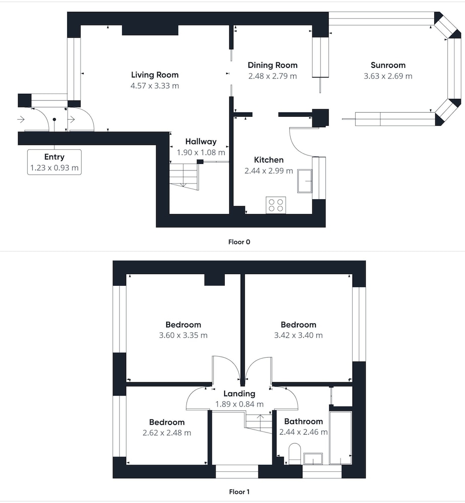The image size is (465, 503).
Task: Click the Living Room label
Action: [x=155, y=75]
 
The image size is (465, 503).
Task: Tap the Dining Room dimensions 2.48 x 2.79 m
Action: [x=273, y=76]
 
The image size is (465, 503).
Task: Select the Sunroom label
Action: [x=388, y=65]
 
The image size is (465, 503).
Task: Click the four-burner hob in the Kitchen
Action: [x=276, y=205]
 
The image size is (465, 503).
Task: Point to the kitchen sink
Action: [x=305, y=181]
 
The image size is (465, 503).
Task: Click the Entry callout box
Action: [x=54, y=162]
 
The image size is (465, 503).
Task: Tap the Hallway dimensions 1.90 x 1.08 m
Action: [x=201, y=152]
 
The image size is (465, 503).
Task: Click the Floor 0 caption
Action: [x=239, y=242]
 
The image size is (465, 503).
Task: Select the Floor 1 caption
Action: [x=239, y=492]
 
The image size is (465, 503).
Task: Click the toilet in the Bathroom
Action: [x=294, y=454]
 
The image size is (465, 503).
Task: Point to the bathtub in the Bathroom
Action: [x=341, y=438]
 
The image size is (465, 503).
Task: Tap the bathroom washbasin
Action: [x=313, y=459]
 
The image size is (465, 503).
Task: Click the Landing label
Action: [x=239, y=394]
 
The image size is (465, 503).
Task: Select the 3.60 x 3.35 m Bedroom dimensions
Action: [x=183, y=335]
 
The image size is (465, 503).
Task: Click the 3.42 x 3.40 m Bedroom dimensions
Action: [x=298, y=335]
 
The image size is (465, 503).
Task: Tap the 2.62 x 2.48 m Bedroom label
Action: [x=167, y=422]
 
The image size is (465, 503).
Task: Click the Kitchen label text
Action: [x=269, y=160]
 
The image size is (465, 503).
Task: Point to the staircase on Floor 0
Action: [x=184, y=177]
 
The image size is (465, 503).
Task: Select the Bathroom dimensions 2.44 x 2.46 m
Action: [x=303, y=432]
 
